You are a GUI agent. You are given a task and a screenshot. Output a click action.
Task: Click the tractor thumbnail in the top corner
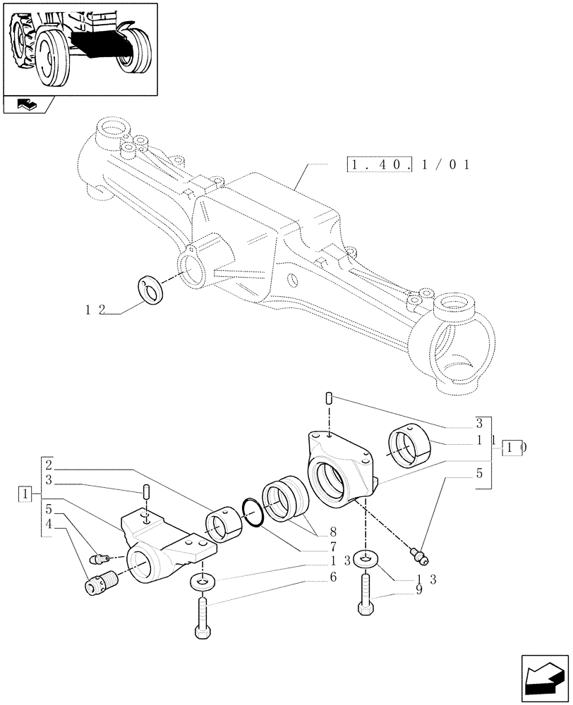tap(80, 47)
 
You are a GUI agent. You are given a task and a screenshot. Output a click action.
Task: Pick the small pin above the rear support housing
tap(328, 399)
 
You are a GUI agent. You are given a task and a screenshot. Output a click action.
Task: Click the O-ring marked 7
tap(253, 512)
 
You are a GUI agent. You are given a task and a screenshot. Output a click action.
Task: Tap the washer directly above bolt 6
tap(203, 582)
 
